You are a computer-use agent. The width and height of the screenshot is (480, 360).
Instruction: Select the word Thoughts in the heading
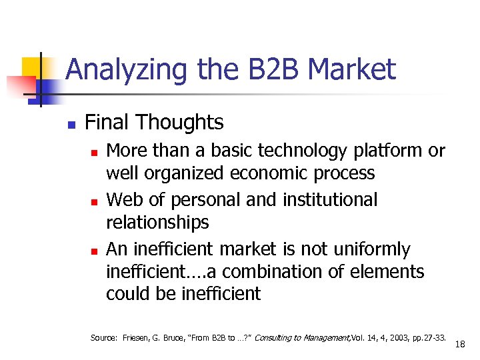(x=179, y=122)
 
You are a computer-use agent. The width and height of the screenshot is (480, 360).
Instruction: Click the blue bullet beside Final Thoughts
(x=71, y=124)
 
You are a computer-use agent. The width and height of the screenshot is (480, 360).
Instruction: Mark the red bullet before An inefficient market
(x=95, y=251)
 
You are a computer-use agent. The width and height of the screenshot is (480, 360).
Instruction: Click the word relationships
(x=157, y=222)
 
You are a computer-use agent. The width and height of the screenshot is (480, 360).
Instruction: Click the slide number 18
(x=460, y=344)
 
